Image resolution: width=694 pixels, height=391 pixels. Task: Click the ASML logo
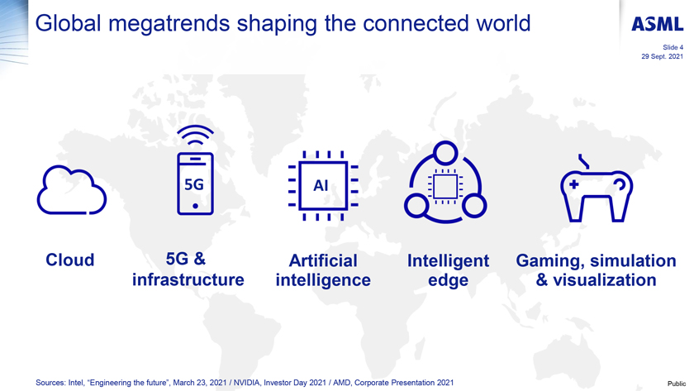tap(658, 24)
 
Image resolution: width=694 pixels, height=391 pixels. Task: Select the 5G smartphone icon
tap(195, 184)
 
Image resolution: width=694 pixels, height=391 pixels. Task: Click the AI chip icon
tap(323, 185)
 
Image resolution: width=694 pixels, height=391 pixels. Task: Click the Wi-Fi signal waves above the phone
tap(195, 135)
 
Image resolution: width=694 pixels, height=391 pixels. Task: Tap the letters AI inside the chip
tap(321, 185)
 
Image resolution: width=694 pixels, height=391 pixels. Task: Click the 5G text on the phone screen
tap(194, 184)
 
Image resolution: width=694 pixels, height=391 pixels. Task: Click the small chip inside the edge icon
tap(445, 186)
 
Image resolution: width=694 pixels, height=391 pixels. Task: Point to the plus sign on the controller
tap(573, 184)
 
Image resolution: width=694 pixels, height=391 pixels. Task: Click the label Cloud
tap(70, 260)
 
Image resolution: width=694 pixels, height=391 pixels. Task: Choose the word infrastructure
tap(188, 280)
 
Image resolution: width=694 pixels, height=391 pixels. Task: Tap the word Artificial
tap(323, 260)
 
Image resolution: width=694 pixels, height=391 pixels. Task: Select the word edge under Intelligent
tap(448, 281)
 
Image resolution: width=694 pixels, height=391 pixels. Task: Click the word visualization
tap(605, 280)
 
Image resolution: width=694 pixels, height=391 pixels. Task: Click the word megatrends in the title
tap(169, 24)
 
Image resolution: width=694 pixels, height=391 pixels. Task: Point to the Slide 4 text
tap(673, 47)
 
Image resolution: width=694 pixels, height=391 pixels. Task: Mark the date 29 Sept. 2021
tap(662, 57)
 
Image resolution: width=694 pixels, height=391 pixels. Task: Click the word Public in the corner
tap(677, 384)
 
